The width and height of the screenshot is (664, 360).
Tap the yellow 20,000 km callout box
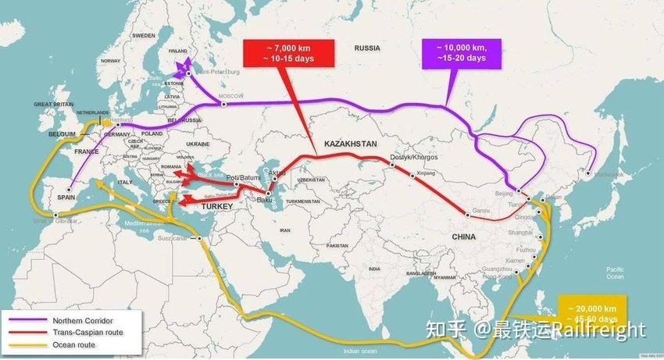click(592, 308)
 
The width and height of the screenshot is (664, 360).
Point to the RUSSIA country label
click(366, 48)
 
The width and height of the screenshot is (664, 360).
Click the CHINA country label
click(467, 235)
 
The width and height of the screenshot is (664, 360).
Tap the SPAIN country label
click(66, 197)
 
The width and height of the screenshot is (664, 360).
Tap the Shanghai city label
click(519, 232)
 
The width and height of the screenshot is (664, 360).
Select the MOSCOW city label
click(230, 95)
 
